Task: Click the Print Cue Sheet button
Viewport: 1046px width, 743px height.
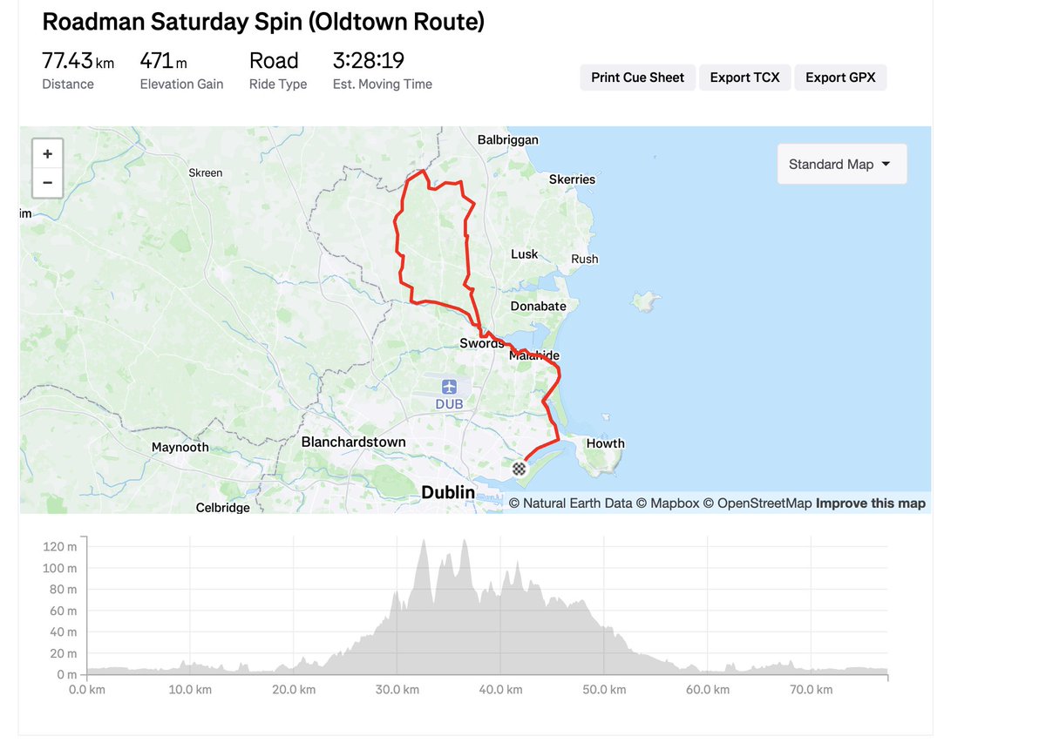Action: [637, 78]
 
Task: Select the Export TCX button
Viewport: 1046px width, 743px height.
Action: [744, 78]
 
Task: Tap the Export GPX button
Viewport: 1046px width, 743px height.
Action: [839, 78]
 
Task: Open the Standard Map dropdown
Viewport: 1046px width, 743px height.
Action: [840, 164]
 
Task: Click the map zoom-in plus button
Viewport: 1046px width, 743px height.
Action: [47, 154]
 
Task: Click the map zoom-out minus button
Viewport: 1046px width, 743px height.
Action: [47, 183]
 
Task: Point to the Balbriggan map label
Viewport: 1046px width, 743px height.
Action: [508, 139]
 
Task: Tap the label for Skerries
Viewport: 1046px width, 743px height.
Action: [572, 179]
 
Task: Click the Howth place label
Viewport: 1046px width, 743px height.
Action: [605, 443]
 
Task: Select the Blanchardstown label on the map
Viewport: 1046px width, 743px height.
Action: [353, 442]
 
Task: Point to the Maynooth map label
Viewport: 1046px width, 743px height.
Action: [180, 447]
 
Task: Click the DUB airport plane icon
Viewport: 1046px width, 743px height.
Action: [449, 387]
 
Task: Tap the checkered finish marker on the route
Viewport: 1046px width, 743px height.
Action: [520, 469]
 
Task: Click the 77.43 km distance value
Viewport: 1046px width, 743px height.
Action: [78, 61]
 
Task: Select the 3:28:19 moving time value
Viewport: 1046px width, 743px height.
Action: [368, 61]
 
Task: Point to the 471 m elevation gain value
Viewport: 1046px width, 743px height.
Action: [163, 61]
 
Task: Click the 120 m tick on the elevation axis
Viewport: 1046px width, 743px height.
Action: [59, 547]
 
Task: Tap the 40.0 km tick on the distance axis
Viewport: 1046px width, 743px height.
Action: [501, 689]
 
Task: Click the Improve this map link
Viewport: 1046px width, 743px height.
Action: [870, 503]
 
